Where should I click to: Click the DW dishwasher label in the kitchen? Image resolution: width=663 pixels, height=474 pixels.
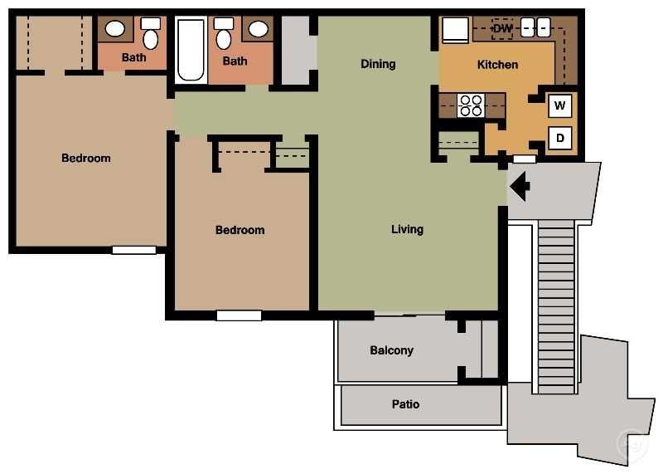(x=502, y=29)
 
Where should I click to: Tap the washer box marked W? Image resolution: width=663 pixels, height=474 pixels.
(x=560, y=106)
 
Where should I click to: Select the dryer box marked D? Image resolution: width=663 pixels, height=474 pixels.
(x=560, y=138)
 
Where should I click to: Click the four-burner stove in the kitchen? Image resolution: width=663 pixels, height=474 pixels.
(x=471, y=105)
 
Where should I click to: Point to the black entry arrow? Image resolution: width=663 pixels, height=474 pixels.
(x=520, y=186)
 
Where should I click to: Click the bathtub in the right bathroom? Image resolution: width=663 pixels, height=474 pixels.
(x=191, y=50)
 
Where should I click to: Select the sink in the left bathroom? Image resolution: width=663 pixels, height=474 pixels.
(x=115, y=29)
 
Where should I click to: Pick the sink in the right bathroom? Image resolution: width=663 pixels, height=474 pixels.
(x=259, y=30)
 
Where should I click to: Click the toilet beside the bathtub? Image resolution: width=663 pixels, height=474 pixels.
(x=224, y=35)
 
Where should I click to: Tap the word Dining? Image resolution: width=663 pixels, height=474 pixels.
(x=378, y=64)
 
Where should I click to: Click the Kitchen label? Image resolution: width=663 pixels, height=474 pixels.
(x=497, y=65)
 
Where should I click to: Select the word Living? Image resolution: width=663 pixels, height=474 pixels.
(x=407, y=229)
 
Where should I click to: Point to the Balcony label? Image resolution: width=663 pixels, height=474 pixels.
(x=391, y=350)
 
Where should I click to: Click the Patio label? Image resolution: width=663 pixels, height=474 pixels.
(x=405, y=404)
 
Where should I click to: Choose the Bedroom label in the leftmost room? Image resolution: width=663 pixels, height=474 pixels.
(x=86, y=158)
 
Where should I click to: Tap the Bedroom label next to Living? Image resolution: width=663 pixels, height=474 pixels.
(x=240, y=230)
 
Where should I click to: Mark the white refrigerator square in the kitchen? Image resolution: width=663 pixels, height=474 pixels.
(x=455, y=30)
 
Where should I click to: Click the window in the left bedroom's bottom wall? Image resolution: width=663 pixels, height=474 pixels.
(x=134, y=250)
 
